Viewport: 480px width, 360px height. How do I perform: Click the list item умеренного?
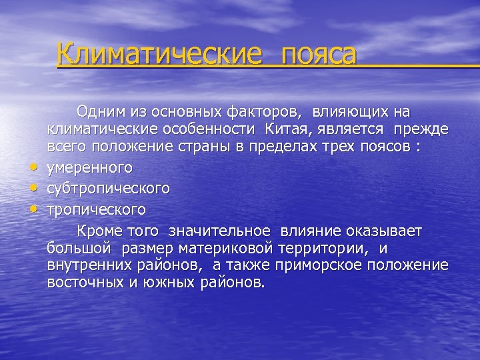(x=89, y=167)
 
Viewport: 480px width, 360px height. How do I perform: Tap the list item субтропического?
(x=107, y=189)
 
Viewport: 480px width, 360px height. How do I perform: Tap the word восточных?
(x=81, y=283)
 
